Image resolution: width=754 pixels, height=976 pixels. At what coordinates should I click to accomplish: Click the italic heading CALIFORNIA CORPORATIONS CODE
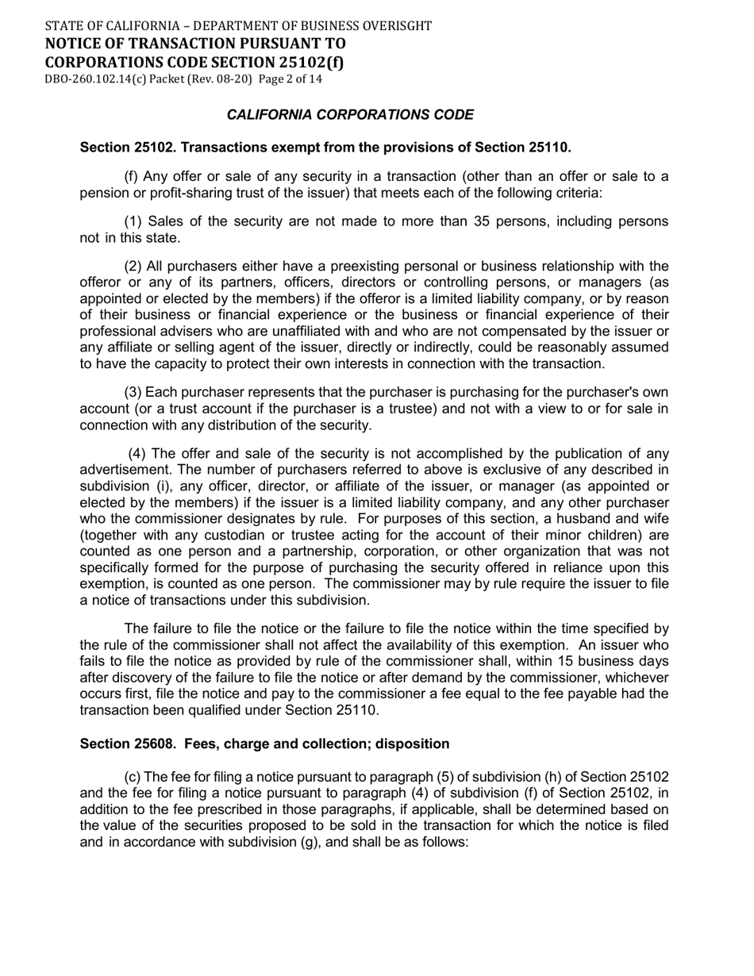pos(350,115)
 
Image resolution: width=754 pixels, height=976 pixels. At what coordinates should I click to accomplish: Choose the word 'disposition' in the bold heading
pos(413,744)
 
